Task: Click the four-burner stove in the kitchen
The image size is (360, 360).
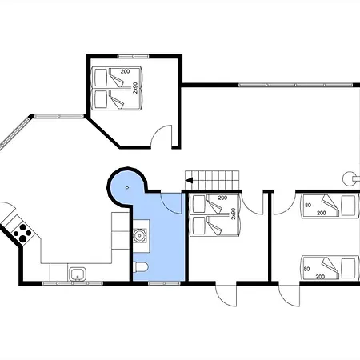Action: pyautogui.click(x=22, y=233)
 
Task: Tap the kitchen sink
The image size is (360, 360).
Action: pyautogui.click(x=78, y=274)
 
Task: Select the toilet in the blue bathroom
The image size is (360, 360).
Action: pyautogui.click(x=140, y=267)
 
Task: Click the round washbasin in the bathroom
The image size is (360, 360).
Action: pyautogui.click(x=139, y=236)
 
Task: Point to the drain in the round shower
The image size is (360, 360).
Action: pyautogui.click(x=127, y=187)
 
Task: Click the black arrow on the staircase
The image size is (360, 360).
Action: pyautogui.click(x=189, y=181)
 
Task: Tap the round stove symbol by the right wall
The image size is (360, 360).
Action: pyautogui.click(x=349, y=178)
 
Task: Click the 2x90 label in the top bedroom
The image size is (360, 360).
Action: pyautogui.click(x=135, y=88)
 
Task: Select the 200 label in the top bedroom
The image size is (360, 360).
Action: pyautogui.click(x=125, y=71)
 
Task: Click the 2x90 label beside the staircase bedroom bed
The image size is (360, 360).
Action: pyautogui.click(x=234, y=214)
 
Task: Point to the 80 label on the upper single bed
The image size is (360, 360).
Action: pyautogui.click(x=308, y=205)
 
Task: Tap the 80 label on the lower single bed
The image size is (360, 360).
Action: pyautogui.click(x=307, y=269)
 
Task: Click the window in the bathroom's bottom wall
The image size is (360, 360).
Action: pyautogui.click(x=164, y=283)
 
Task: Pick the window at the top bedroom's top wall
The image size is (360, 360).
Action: pyautogui.click(x=134, y=56)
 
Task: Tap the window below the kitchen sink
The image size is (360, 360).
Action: pyautogui.click(x=73, y=283)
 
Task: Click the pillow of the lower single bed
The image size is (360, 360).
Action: pyautogui.click(x=349, y=269)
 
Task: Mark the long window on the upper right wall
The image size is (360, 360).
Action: pyautogui.click(x=295, y=85)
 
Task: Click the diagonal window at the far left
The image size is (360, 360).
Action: pyautogui.click(x=14, y=133)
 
